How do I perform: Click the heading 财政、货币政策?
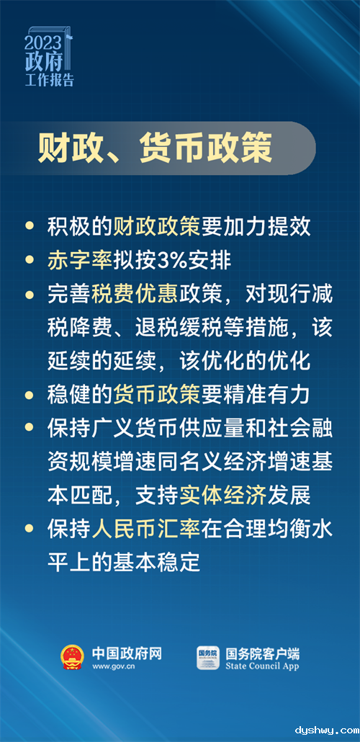(x=156, y=148)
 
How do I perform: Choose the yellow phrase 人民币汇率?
(x=146, y=529)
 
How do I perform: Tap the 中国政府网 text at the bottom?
(x=127, y=653)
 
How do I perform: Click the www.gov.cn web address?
(x=114, y=667)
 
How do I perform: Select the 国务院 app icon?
(x=208, y=658)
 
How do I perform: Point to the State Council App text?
(x=262, y=666)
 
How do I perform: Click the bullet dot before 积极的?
(x=30, y=226)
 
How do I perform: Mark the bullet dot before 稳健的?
(x=30, y=395)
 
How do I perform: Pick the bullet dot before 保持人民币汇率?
(x=30, y=529)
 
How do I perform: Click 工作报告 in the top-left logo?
(x=50, y=80)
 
